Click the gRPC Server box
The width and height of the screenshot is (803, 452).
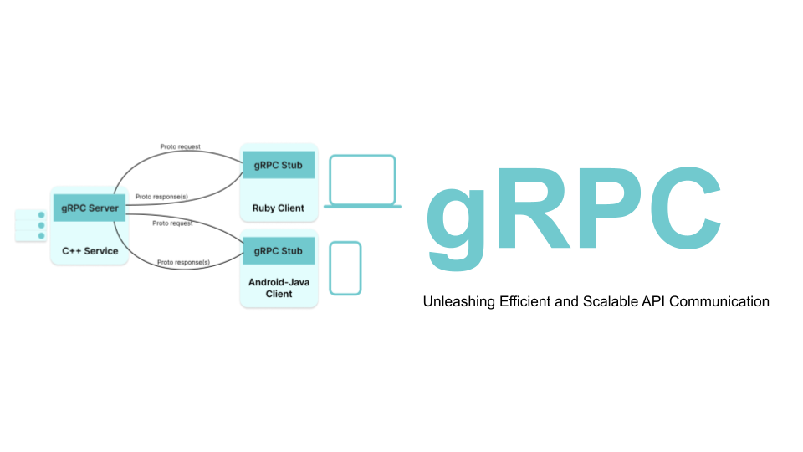(90, 208)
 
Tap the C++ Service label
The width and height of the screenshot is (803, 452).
(90, 250)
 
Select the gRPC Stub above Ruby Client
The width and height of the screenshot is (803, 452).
(279, 165)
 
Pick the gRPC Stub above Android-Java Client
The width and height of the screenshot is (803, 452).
(279, 251)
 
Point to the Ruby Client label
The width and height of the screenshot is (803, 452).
(279, 208)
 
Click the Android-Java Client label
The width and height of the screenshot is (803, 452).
(279, 288)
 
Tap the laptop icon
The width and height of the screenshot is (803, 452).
(361, 181)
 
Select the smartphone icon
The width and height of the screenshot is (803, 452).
(345, 269)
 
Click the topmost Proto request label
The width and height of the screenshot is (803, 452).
(182, 147)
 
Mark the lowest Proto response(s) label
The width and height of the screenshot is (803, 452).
(183, 262)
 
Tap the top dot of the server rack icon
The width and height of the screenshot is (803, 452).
(40, 215)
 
